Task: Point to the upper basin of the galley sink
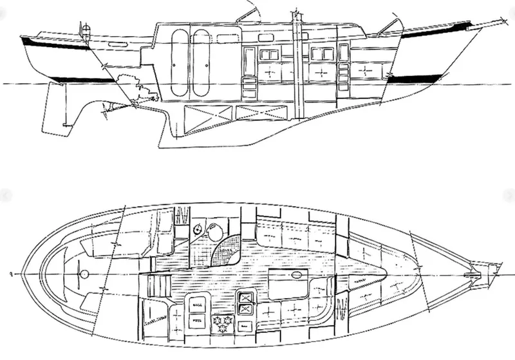[245, 298]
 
